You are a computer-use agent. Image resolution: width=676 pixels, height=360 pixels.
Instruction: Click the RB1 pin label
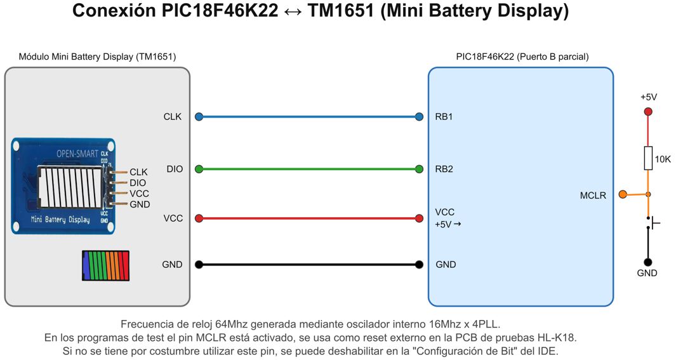(x=444, y=117)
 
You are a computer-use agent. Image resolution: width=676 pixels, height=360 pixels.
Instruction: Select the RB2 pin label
(x=444, y=169)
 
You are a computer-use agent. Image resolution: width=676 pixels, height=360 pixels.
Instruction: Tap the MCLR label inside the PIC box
(x=593, y=196)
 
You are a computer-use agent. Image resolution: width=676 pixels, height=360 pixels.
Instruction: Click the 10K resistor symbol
(x=647, y=158)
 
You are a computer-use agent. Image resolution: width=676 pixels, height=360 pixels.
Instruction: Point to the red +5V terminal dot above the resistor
(x=647, y=112)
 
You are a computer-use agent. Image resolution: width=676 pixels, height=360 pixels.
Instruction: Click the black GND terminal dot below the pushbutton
(x=647, y=262)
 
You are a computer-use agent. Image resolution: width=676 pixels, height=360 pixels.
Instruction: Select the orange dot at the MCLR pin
(x=623, y=194)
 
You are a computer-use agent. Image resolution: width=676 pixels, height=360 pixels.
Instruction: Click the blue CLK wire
(x=308, y=116)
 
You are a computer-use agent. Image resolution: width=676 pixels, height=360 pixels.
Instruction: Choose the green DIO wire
(x=308, y=169)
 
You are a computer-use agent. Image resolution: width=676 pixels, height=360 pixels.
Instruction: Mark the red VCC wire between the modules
(x=308, y=218)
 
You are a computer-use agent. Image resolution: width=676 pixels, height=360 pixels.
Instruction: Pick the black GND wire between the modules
(x=308, y=264)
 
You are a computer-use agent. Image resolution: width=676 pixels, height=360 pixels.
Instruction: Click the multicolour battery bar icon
(x=105, y=265)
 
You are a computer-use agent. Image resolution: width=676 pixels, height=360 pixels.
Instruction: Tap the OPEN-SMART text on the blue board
(x=77, y=154)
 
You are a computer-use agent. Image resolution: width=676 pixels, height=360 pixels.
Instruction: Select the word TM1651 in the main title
(x=341, y=11)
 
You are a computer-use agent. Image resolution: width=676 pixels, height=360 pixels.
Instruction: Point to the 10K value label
(x=663, y=159)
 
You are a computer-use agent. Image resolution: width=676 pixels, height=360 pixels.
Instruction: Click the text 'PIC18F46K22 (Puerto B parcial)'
(x=522, y=57)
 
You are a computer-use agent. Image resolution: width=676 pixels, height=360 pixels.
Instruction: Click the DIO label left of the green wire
(x=175, y=169)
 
